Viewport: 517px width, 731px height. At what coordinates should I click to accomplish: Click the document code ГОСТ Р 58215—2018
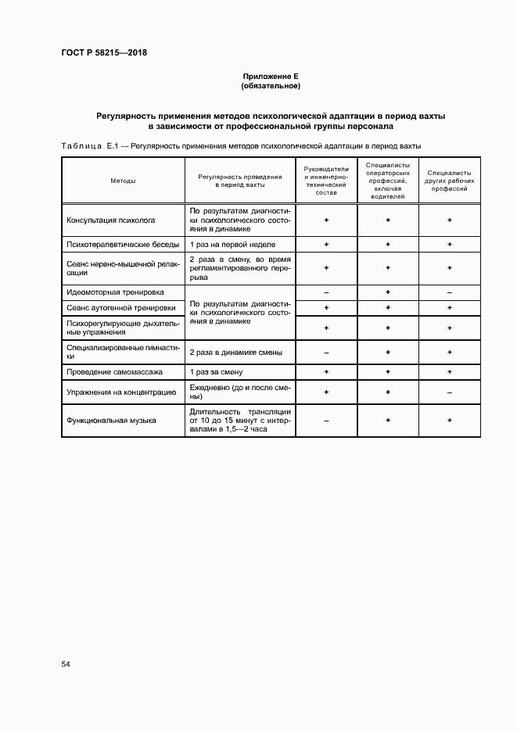click(x=104, y=53)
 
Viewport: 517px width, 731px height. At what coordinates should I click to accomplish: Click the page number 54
click(x=66, y=664)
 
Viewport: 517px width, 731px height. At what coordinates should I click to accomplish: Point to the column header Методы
click(x=123, y=181)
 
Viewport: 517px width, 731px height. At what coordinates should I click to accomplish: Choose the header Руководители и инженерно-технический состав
click(x=326, y=181)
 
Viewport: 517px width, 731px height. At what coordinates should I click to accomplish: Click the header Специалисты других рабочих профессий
click(x=450, y=181)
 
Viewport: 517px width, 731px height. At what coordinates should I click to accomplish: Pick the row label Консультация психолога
click(x=111, y=220)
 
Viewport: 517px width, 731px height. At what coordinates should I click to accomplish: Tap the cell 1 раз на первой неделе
click(x=232, y=245)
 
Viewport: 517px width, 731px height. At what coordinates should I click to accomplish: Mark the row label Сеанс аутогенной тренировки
click(x=117, y=308)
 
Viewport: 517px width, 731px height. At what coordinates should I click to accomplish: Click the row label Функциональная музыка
click(x=112, y=420)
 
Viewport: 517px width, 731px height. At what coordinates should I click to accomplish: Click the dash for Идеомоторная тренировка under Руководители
click(x=326, y=292)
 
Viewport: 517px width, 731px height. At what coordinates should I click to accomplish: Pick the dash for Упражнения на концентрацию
click(x=450, y=392)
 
